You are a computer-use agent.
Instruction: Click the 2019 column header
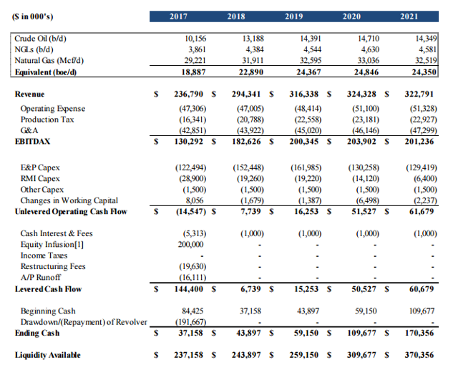tap(293, 16)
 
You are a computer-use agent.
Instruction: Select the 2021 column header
tap(409, 16)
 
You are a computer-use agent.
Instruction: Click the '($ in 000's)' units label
tap(32, 16)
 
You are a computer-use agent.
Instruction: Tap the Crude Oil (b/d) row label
tap(40, 39)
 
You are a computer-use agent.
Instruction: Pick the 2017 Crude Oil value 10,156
tap(195, 39)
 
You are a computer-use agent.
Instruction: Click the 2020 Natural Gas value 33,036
tap(369, 60)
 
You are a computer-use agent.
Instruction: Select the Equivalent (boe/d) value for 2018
tap(251, 72)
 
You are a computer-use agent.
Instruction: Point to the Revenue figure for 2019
tap(303, 94)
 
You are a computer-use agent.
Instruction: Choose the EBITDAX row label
tap(32, 141)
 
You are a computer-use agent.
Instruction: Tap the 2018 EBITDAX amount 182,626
tap(246, 141)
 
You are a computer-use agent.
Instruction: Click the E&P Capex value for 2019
tap(306, 167)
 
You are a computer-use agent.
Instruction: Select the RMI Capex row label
tap(40, 178)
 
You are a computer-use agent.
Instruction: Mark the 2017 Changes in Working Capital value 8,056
tap(195, 200)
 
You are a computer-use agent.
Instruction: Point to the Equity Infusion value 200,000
tap(191, 245)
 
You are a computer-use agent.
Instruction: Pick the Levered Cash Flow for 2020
tap(364, 289)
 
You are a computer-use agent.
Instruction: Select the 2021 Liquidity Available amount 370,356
tap(419, 355)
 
